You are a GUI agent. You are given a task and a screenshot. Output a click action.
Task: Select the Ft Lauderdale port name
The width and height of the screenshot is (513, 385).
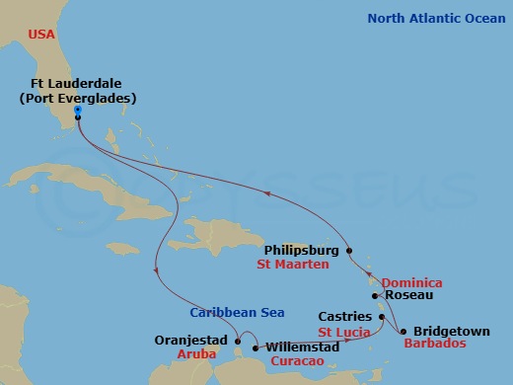[x=78, y=84]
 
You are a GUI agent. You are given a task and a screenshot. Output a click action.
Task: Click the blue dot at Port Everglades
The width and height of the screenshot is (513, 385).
[x=77, y=110]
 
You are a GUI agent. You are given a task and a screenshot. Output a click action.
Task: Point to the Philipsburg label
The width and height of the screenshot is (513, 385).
[x=303, y=251]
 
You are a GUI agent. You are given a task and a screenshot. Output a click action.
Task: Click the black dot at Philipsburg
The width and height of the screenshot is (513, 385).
[x=348, y=251]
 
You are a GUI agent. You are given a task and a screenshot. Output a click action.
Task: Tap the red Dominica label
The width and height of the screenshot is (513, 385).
[x=411, y=282]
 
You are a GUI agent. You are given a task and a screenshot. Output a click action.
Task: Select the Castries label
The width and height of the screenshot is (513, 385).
[x=344, y=317]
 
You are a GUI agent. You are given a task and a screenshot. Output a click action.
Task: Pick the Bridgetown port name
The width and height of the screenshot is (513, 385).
[x=451, y=332]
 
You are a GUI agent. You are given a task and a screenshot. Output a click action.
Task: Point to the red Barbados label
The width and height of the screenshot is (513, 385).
[x=436, y=346]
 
